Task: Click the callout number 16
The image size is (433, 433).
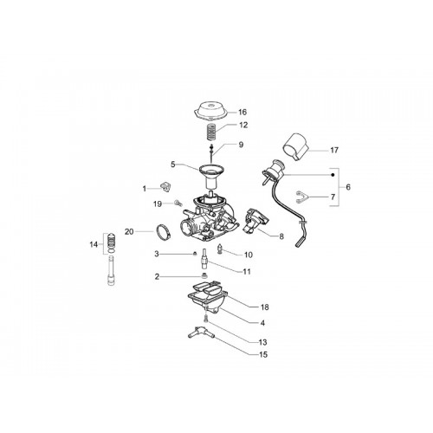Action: click(242, 112)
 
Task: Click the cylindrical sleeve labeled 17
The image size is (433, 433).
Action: click(295, 146)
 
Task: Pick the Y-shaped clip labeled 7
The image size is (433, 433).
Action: click(301, 197)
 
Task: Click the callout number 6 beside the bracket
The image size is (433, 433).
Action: click(348, 187)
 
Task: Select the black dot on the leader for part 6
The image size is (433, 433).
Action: click(333, 175)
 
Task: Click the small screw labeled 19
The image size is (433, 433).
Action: click(178, 203)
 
